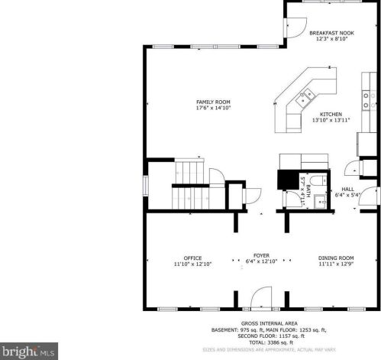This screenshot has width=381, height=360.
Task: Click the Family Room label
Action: (213, 102)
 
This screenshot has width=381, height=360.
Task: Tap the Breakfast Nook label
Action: (331, 34)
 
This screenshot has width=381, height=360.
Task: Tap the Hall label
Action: (347, 188)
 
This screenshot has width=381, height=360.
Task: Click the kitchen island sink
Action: (307, 96)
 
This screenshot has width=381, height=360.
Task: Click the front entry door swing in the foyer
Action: (261, 297)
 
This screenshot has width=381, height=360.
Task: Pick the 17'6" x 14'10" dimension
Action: (213, 108)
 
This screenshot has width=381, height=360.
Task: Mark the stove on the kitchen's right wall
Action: (366, 100)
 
